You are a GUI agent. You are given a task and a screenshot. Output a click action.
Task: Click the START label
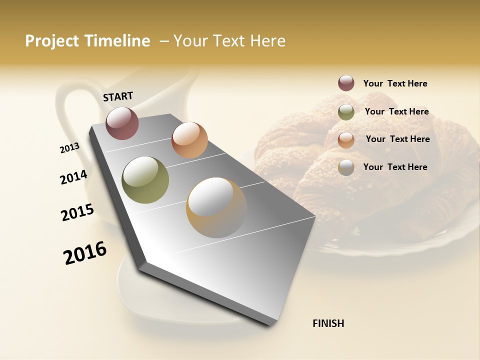(118, 96)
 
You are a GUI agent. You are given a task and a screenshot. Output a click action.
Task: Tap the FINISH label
(328, 323)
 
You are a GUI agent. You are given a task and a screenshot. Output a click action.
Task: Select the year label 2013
(69, 148)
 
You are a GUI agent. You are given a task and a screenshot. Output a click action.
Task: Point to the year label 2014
(73, 177)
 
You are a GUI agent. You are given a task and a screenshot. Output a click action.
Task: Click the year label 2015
(77, 212)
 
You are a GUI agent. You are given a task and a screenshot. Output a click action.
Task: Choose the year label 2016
(85, 252)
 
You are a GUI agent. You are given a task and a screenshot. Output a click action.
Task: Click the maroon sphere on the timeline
(122, 123)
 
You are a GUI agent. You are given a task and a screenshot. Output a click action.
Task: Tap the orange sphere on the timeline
(189, 140)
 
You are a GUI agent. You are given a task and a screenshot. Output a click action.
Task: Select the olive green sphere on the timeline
(145, 180)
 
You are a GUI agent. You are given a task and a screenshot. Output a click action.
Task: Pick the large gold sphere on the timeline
(216, 207)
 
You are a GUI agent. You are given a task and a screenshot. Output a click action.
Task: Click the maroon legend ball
(346, 83)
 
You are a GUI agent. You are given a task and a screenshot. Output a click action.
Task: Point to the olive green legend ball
(346, 112)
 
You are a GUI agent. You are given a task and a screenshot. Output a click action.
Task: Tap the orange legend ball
(346, 140)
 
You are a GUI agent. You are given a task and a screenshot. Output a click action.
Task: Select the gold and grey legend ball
(346, 167)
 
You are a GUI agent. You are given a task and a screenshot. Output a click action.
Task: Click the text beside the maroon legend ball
(395, 83)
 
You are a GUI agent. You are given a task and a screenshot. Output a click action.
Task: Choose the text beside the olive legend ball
(396, 111)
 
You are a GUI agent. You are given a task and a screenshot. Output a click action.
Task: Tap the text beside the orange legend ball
(397, 139)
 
